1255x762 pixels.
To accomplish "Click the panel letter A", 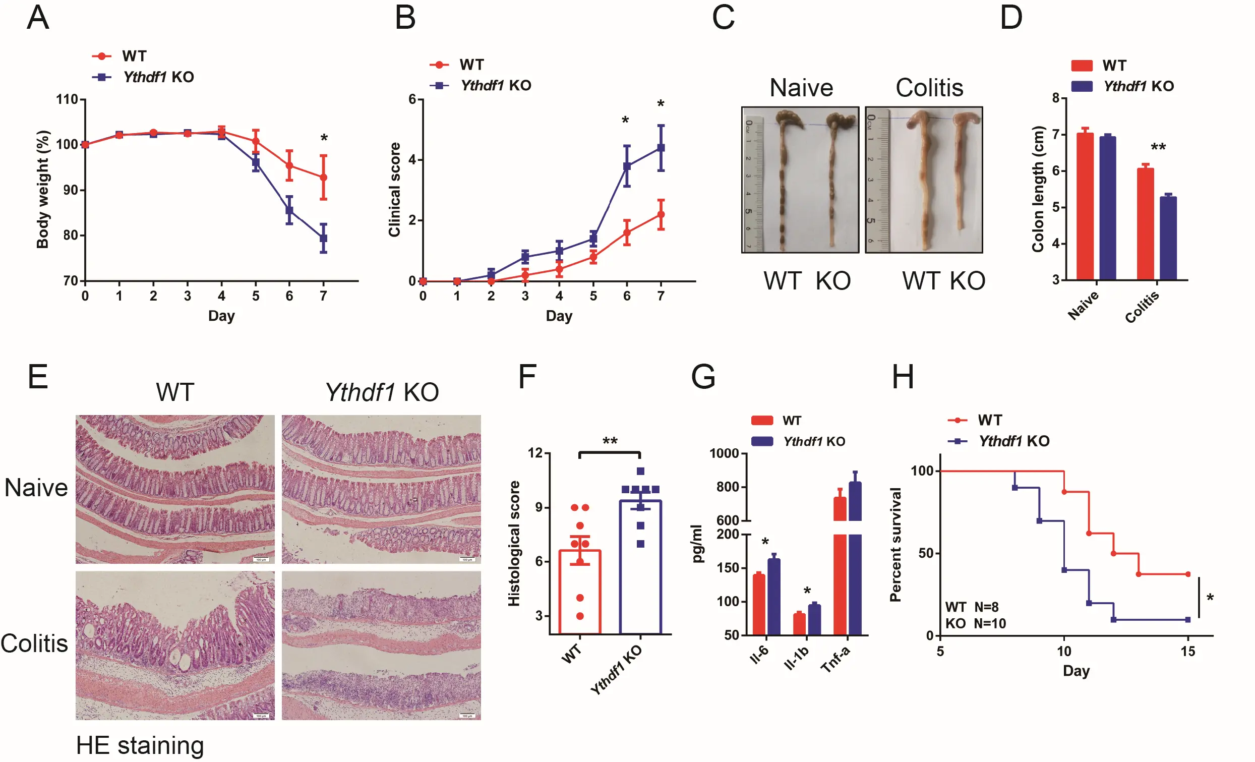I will (38, 18).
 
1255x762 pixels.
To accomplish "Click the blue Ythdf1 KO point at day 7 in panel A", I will (323, 238).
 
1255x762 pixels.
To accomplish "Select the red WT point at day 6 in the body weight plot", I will (289, 165).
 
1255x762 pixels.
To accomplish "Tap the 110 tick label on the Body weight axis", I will (67, 99).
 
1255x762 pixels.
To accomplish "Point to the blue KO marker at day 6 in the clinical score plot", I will (627, 166).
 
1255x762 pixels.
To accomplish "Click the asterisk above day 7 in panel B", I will (661, 104).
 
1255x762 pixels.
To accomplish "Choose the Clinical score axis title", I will (395, 190).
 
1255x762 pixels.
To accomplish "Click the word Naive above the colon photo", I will (801, 88).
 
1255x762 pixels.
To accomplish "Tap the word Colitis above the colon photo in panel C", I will (929, 88).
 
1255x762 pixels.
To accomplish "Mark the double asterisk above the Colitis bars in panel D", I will (1158, 148).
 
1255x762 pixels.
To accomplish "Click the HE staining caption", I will (140, 745).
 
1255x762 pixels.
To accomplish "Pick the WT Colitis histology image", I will (174, 645).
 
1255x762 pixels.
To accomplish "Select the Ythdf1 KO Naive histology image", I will (381, 489).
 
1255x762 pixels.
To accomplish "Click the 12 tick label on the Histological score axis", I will (535, 453).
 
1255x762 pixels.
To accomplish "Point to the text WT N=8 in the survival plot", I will (971, 607).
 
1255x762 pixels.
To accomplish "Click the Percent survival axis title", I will (895, 545).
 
